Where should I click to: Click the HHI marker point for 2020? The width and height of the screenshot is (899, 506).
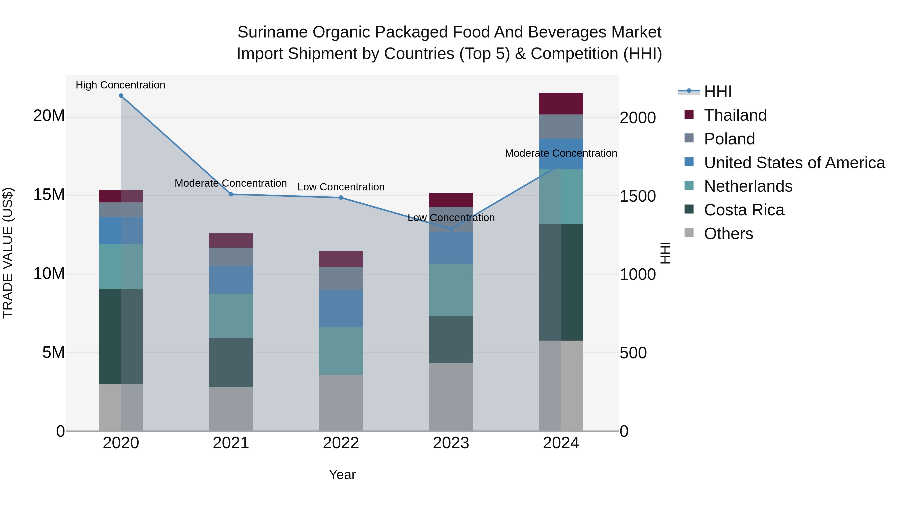[x=121, y=96]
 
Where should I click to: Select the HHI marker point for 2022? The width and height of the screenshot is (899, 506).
[x=341, y=198]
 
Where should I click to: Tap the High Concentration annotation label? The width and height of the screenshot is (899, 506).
[x=120, y=85]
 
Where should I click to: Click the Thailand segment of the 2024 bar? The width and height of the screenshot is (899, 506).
[x=561, y=104]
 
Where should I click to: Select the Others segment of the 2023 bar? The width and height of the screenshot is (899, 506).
[x=450, y=397]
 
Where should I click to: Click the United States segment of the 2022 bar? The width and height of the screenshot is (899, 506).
[x=341, y=308]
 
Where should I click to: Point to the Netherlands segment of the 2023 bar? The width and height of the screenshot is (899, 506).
[x=450, y=290]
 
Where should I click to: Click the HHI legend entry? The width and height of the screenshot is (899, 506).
[x=717, y=91]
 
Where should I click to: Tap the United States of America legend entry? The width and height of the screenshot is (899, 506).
[x=794, y=163]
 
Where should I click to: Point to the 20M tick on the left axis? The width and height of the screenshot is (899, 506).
[x=49, y=116]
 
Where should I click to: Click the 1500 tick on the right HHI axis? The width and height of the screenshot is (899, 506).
[x=638, y=196]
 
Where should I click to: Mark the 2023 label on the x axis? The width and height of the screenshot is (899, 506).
[x=450, y=443]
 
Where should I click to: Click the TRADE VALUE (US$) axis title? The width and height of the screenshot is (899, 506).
[x=8, y=253]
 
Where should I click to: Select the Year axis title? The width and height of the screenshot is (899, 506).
[x=342, y=475]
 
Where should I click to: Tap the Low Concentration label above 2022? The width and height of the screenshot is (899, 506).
[x=341, y=187]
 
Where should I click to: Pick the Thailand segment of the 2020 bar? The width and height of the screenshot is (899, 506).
[x=121, y=196]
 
